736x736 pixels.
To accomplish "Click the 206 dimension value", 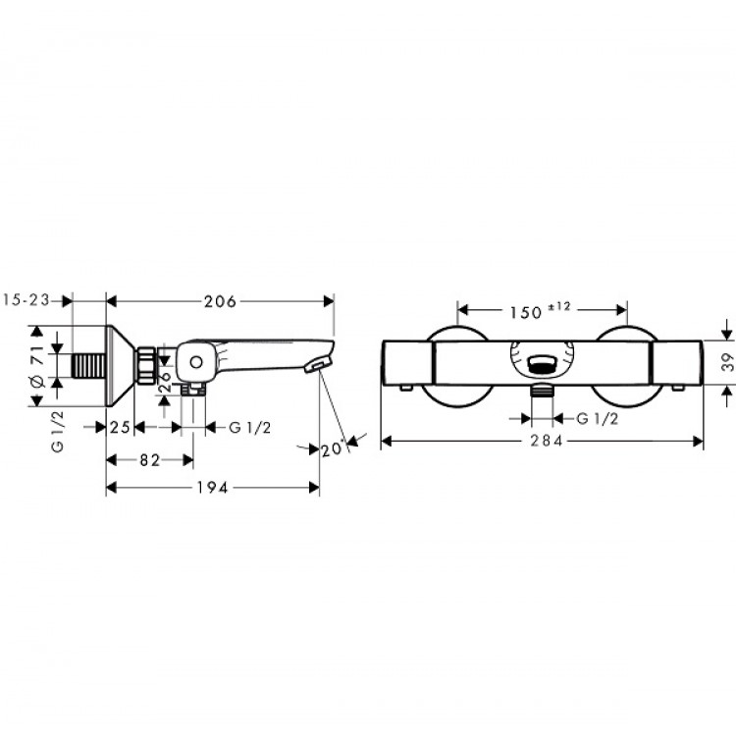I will click(220, 302).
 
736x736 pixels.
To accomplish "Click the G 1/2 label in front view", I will click(597, 419).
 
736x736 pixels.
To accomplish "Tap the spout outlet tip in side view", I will click(317, 367).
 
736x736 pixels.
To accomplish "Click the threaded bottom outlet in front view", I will click(541, 392).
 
